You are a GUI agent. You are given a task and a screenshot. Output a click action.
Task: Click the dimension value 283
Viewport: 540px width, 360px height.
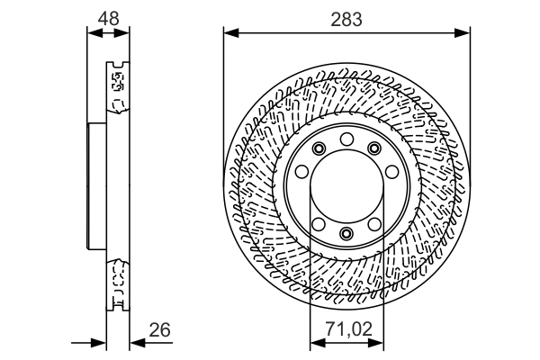tap(346, 17)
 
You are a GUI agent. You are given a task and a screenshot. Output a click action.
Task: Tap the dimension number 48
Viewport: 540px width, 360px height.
tap(108, 17)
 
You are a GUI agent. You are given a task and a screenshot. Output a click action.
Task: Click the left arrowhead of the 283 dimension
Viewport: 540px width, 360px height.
tap(229, 34)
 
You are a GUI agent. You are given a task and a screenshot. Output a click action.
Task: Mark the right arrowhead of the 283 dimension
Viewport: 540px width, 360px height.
tap(465, 34)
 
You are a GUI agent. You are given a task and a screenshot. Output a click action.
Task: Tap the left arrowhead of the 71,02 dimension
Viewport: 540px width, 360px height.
tap(314, 342)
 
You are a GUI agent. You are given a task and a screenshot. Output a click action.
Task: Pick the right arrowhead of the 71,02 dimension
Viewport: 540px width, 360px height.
tap(379, 342)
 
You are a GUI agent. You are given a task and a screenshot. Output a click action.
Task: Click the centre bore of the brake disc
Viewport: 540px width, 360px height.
tap(346, 186)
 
